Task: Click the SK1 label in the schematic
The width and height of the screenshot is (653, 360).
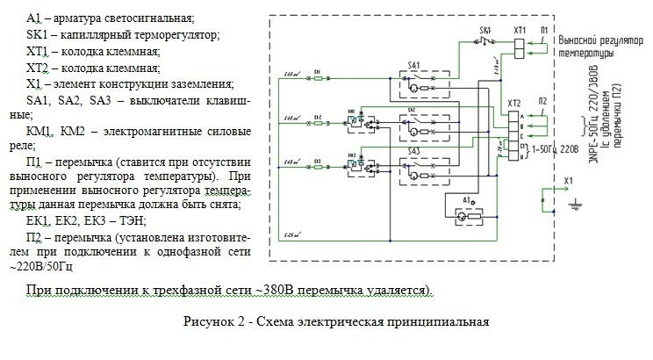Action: (484, 30)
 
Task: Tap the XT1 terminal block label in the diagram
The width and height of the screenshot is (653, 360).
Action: (519, 30)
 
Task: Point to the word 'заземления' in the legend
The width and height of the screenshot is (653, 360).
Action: (203, 84)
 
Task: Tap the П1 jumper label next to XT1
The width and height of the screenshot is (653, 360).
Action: (545, 30)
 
